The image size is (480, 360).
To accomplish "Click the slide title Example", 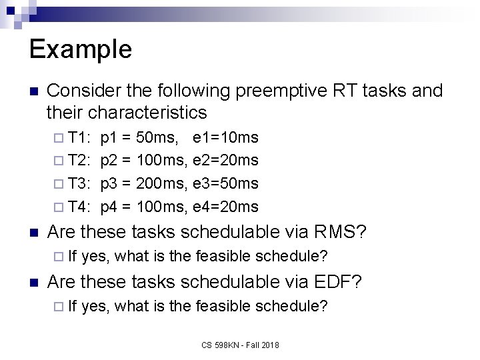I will point(81,49).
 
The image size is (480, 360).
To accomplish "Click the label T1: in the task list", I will point(81,138).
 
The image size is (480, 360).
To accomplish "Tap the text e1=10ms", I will point(225,138).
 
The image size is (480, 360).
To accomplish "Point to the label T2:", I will point(81,161).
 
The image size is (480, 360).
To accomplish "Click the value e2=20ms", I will point(225,161).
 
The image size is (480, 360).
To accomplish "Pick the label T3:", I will point(81,183).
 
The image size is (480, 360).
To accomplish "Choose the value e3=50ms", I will point(225,183).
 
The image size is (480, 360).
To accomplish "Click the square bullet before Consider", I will point(33,91).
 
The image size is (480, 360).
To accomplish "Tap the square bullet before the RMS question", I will point(33,233).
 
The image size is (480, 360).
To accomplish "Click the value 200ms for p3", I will point(162,183).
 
